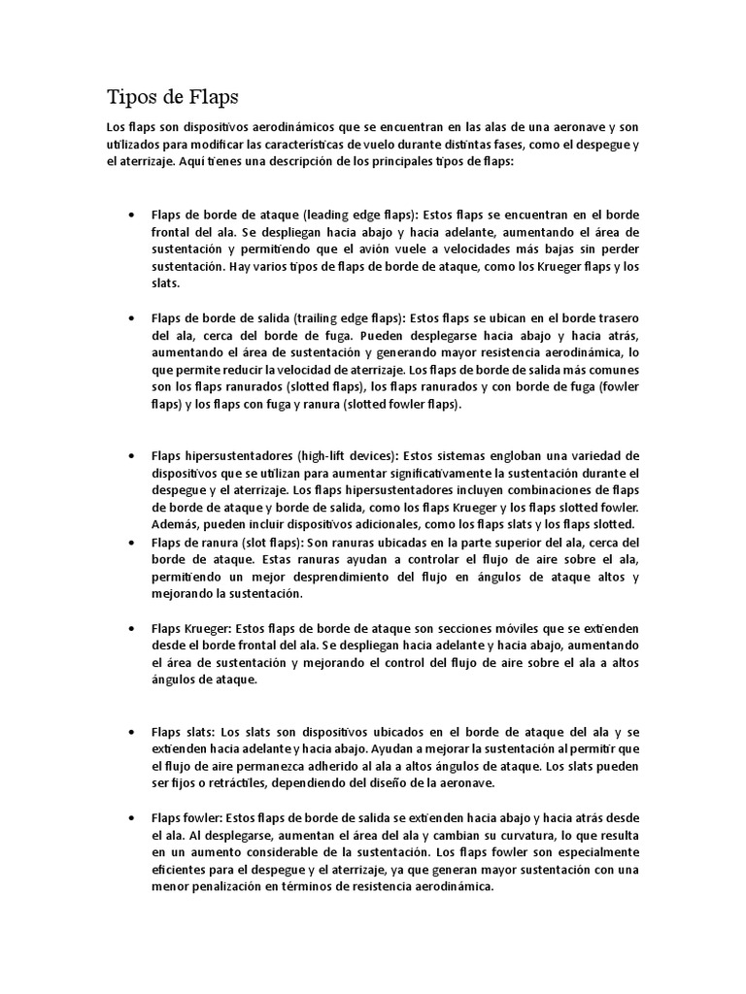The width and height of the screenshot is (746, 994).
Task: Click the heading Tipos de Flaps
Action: point(171,97)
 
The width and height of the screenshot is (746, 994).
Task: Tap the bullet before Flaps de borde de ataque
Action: point(131,215)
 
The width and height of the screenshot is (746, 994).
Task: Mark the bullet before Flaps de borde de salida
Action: point(131,318)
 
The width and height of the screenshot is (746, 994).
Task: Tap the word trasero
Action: point(616,317)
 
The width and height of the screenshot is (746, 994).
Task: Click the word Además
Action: point(172,524)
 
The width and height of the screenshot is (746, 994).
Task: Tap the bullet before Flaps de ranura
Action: point(131,543)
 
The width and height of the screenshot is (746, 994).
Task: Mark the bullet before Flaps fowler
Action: point(131,817)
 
